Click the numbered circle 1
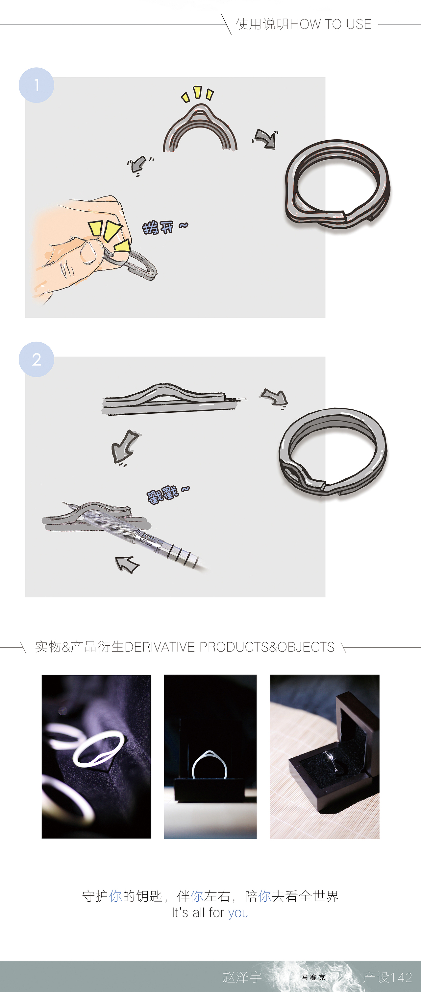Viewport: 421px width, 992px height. click(36, 85)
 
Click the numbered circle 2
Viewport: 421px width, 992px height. click(36, 359)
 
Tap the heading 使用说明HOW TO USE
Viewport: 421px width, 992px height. click(303, 24)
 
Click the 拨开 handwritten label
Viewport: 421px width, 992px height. click(159, 227)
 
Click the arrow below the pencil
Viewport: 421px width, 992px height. click(126, 564)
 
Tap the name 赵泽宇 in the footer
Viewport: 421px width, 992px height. click(242, 977)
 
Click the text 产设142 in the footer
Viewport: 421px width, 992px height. click(387, 977)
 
